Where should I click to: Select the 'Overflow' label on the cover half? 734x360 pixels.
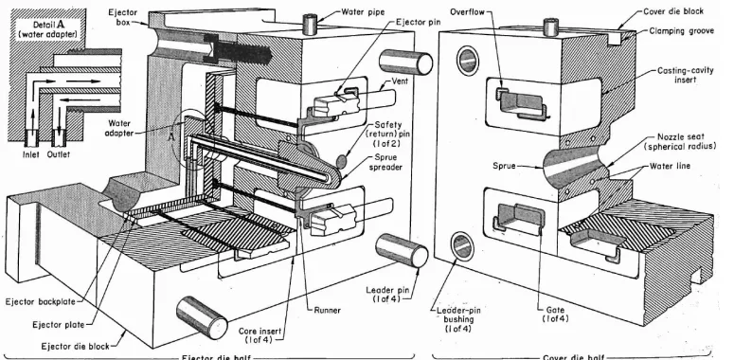[x=467, y=12]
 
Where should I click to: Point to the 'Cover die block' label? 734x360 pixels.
[x=673, y=11]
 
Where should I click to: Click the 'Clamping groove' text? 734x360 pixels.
[x=681, y=31]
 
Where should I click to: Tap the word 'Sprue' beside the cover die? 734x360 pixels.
[x=504, y=165]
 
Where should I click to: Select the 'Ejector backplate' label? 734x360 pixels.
[x=41, y=302]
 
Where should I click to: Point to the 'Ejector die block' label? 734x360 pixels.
[x=76, y=347]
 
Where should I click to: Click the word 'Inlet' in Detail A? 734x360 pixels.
[x=31, y=154]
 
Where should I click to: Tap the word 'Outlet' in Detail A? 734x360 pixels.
[x=59, y=154]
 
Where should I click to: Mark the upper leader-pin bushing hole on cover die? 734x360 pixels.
[x=468, y=59]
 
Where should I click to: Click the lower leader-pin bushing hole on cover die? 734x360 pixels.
[x=461, y=245]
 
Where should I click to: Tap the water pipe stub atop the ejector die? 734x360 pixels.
[x=311, y=24]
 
